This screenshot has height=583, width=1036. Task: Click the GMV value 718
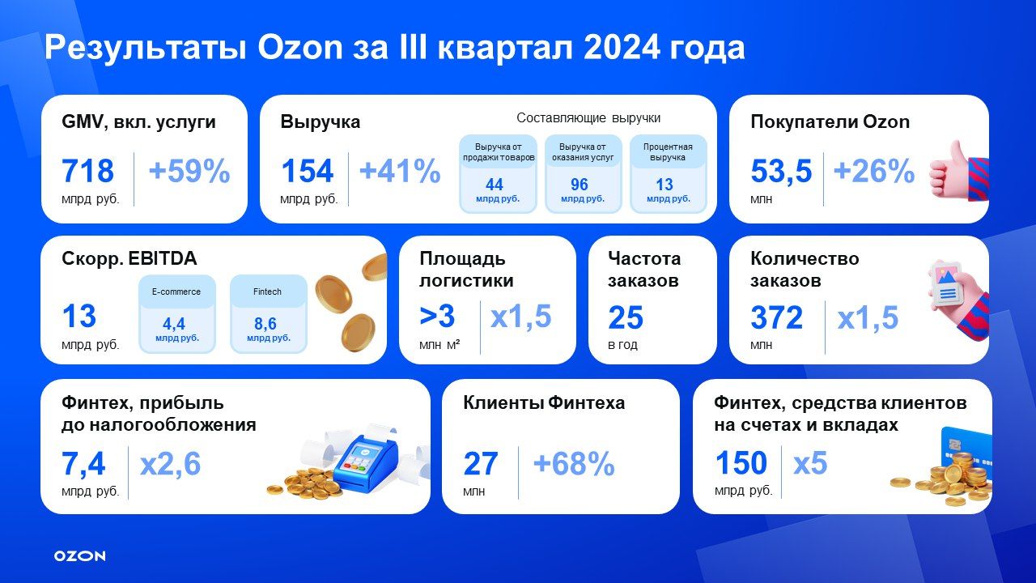(x=88, y=172)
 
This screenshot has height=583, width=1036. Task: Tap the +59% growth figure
(x=189, y=172)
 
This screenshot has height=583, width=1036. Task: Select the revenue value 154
(x=307, y=172)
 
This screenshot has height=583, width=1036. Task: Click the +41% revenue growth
(x=400, y=172)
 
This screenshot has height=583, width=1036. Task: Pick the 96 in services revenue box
(x=580, y=185)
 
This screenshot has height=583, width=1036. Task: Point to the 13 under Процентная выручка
(x=664, y=185)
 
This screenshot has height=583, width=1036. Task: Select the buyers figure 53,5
(x=781, y=172)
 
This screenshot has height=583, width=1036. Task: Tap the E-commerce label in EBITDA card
(x=176, y=291)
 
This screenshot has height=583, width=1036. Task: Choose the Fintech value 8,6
(x=265, y=324)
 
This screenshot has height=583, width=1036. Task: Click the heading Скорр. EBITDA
(x=129, y=259)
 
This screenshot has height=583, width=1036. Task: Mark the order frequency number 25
(x=625, y=318)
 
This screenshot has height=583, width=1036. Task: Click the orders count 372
(x=777, y=318)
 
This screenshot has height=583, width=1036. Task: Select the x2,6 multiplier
(x=170, y=465)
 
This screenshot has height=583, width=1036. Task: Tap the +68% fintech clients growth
(x=574, y=465)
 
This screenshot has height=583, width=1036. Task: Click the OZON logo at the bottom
(x=79, y=556)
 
